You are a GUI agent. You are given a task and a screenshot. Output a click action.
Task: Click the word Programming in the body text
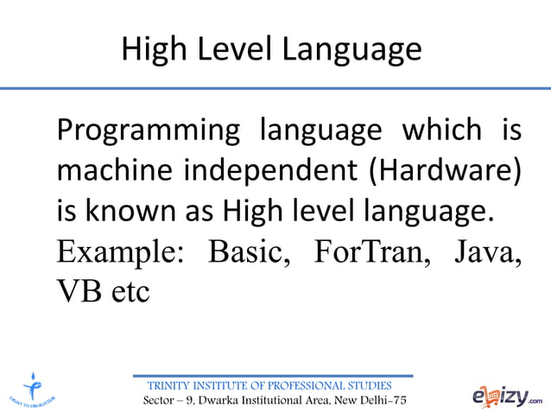(x=148, y=132)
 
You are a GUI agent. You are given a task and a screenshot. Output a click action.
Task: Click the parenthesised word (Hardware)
(x=445, y=170)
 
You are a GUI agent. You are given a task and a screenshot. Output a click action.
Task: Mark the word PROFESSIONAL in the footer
(x=307, y=385)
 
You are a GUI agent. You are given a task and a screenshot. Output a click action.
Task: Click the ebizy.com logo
(x=507, y=396)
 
